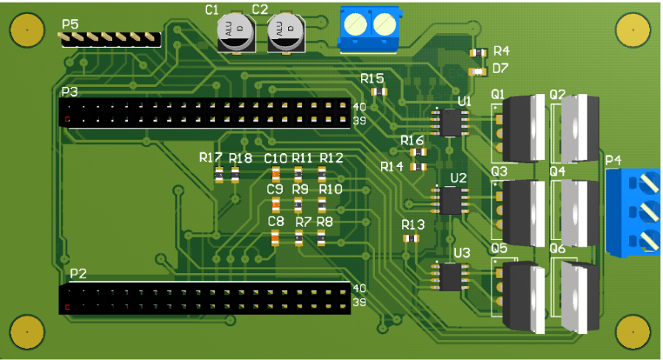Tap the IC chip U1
tap(449, 122)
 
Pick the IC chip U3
tap(450, 276)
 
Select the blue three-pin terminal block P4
tap(634, 211)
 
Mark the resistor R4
tap(478, 52)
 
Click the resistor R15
tap(379, 92)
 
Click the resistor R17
tap(220, 174)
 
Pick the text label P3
tap(70, 92)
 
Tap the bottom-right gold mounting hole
tap(633, 333)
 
